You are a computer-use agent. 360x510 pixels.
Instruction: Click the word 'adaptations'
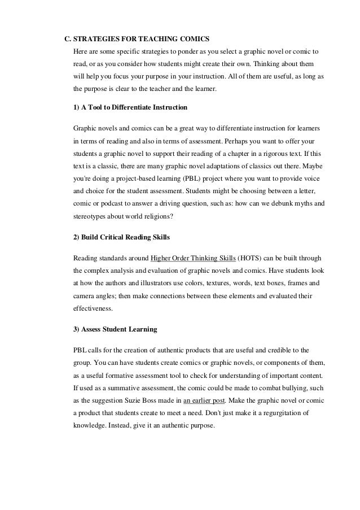tap(226, 167)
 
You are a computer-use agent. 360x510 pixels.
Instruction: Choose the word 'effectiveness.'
tap(94, 309)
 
